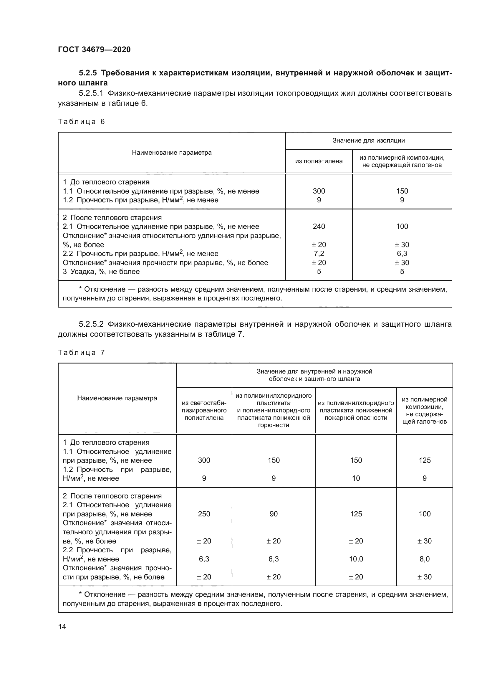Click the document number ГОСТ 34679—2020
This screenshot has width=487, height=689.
point(94,49)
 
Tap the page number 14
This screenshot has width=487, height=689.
point(62,627)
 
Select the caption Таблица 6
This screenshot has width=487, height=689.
point(81,122)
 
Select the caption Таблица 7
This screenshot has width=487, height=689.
point(81,352)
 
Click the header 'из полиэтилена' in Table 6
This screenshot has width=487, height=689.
point(319,161)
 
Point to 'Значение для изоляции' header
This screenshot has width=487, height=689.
point(369,141)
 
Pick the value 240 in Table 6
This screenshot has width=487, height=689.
point(319,226)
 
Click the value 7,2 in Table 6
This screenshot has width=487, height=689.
point(319,253)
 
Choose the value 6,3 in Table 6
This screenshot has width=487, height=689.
point(402,253)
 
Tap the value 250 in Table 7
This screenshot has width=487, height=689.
point(204,514)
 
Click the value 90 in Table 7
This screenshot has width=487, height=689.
point(274,514)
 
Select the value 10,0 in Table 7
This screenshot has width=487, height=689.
point(356,559)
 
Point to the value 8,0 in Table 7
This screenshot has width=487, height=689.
point(425,559)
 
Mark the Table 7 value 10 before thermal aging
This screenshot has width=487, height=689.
point(356,478)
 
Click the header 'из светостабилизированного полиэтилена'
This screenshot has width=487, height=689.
point(204,410)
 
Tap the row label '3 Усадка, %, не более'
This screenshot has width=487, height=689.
point(101,272)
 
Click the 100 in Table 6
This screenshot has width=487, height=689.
point(402,226)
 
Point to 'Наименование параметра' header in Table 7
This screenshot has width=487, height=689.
point(117,398)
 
